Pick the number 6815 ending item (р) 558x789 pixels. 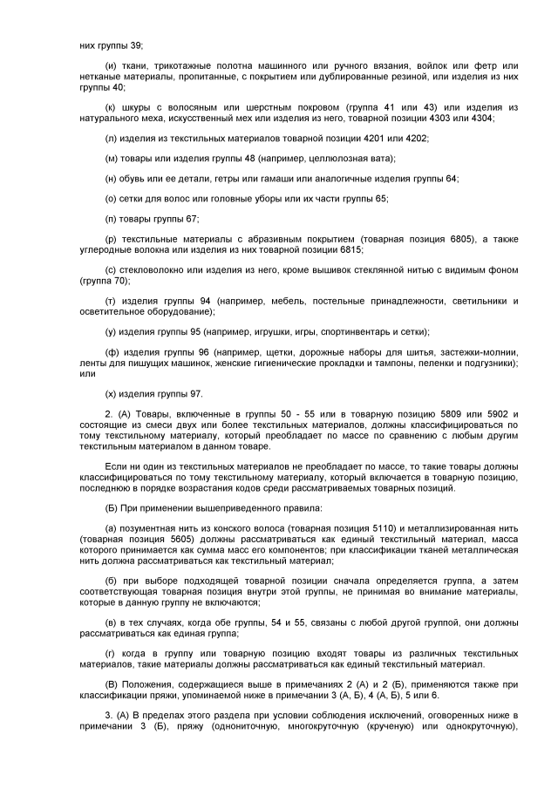coord(349,248)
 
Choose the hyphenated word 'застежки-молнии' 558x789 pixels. coord(479,351)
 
